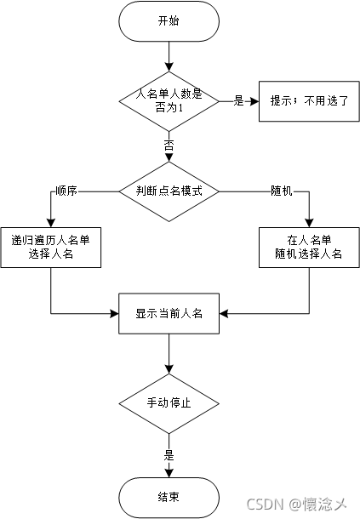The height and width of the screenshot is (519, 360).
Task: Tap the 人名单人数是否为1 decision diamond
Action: coord(169,100)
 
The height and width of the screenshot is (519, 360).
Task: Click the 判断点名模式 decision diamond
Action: coord(169,191)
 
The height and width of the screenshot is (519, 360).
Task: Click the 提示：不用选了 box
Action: coord(303,100)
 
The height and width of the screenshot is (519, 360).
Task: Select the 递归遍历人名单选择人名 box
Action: coord(51,247)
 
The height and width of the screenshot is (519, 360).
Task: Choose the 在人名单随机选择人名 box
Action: coord(307,247)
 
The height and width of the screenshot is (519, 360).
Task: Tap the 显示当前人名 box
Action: coord(169,313)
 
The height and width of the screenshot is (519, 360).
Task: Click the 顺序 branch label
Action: coord(66,191)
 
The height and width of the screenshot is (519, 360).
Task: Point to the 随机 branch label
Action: coord(281,191)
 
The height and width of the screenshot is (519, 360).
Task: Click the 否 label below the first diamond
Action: coord(169,145)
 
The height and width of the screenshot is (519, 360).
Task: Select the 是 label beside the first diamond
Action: coord(239,100)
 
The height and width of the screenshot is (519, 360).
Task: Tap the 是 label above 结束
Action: coord(169,455)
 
